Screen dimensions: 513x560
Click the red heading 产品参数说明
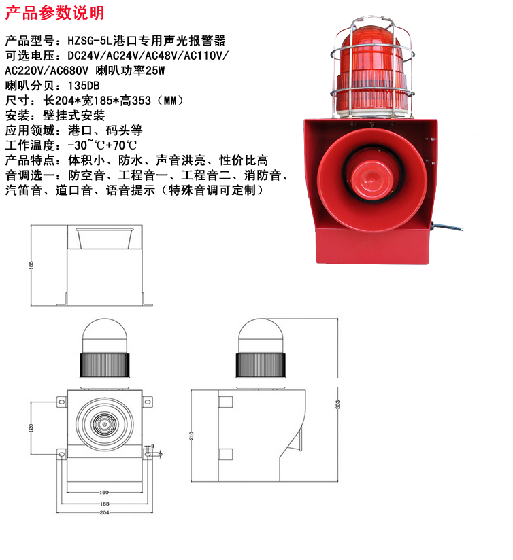point(54,13)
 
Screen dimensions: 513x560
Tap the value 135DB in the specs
point(84,86)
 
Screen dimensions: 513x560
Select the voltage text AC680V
point(69,71)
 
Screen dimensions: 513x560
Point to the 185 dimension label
point(31,265)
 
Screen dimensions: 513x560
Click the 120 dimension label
point(31,427)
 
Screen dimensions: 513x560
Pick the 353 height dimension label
point(338,404)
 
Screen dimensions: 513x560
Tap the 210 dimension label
point(191,436)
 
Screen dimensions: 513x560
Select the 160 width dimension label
point(104,492)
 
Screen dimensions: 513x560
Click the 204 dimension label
point(104,512)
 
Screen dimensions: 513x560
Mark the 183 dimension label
point(104,504)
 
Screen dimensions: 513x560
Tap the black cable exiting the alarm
point(447,226)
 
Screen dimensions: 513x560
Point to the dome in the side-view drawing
point(261,336)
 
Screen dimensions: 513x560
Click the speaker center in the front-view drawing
point(104,424)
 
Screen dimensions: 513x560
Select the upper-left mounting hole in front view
point(61,402)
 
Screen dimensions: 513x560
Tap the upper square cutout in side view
point(226,402)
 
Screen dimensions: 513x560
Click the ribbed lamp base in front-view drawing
point(104,364)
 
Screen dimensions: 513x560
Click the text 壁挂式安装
point(74,116)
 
